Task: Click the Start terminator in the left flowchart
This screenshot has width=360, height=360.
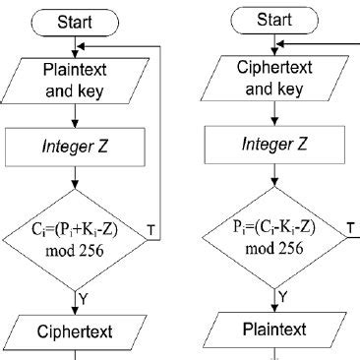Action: coord(76,21)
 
